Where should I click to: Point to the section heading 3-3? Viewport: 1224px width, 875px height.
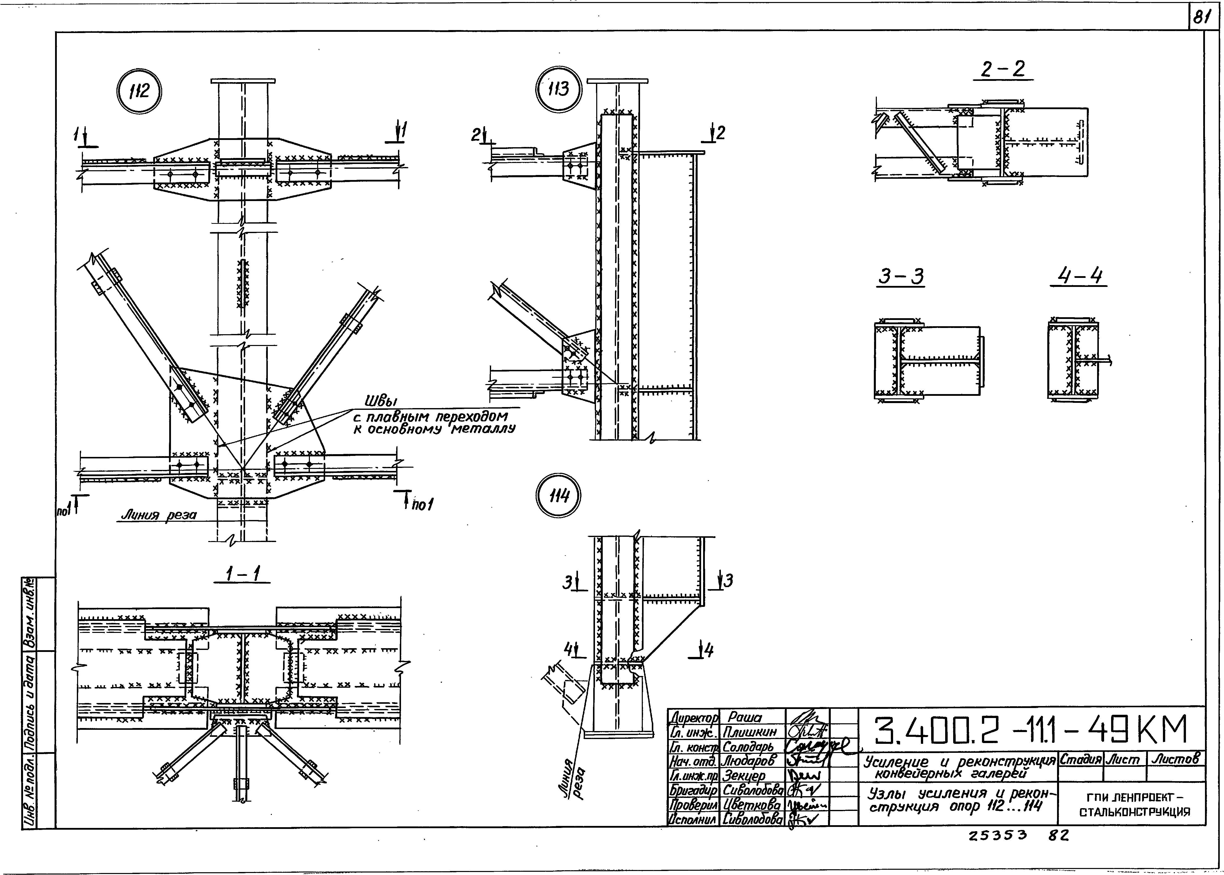coord(901,277)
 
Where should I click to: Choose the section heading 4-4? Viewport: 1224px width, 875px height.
coord(1079,277)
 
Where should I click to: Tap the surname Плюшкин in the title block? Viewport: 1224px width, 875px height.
coord(749,732)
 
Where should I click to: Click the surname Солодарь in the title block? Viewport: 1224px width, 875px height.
coord(748,747)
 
